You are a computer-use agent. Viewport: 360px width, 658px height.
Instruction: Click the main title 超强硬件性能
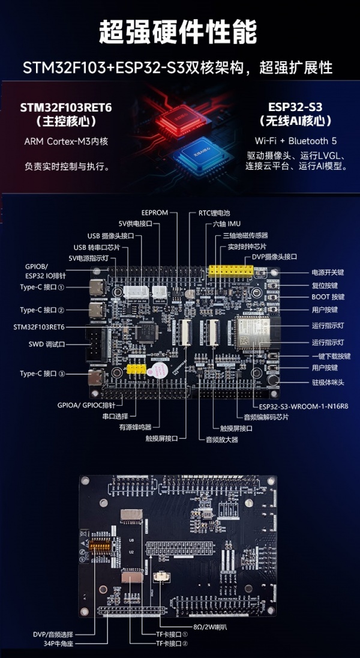[178, 32]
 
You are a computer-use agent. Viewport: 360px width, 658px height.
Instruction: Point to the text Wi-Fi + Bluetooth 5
[296, 141]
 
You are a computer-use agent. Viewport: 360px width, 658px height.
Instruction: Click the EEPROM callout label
[154, 213]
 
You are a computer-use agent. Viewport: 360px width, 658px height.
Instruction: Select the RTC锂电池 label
[214, 213]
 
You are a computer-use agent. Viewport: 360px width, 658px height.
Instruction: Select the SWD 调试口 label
[46, 345]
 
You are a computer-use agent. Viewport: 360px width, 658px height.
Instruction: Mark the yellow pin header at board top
[230, 271]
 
